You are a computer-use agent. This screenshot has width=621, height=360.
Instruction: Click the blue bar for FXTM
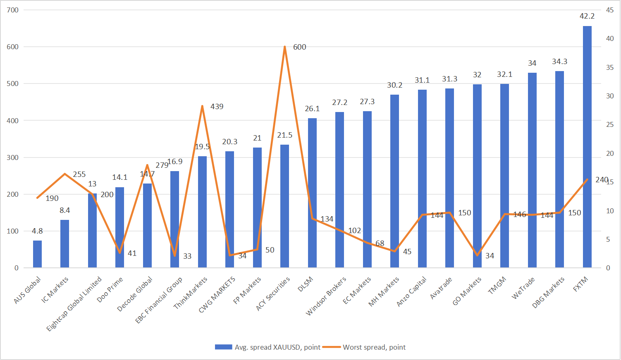click(587, 147)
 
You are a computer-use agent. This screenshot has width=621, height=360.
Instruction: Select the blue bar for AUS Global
click(38, 254)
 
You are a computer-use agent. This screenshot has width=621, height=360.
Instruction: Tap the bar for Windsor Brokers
click(339, 190)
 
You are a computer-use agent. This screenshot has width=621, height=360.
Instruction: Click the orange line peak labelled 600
click(284, 47)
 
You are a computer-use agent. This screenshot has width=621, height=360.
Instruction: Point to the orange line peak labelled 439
click(202, 106)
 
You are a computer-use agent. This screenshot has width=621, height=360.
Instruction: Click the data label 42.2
click(587, 16)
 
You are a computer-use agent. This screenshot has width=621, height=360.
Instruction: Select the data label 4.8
click(37, 231)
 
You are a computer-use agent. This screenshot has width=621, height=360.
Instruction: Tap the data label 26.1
click(312, 109)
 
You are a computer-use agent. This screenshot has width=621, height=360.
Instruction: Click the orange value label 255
click(79, 174)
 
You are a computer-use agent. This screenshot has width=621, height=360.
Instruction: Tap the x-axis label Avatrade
click(441, 288)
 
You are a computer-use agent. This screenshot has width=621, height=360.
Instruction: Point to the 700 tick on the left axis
click(13, 10)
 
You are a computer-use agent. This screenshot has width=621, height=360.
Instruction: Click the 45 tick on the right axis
click(610, 10)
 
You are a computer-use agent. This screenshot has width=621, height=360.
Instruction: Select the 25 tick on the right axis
click(610, 124)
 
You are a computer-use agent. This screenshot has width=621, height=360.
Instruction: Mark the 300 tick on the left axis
click(13, 157)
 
